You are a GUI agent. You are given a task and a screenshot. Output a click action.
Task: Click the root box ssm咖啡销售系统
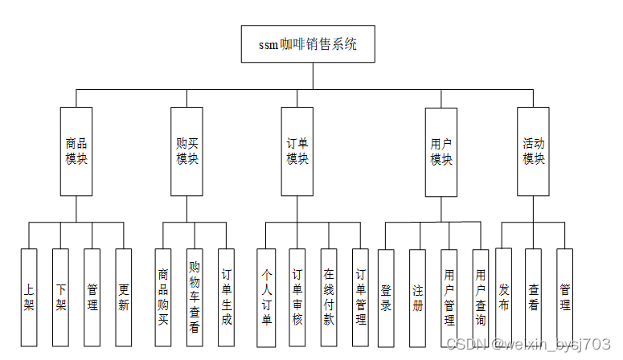click(x=308, y=44)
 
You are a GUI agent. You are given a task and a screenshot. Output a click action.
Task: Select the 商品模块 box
click(x=76, y=152)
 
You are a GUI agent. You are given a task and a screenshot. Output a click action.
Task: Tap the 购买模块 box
click(x=187, y=152)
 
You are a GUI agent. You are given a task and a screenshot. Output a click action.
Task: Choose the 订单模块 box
click(x=297, y=152)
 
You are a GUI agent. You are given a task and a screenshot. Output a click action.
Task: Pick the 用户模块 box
click(x=441, y=152)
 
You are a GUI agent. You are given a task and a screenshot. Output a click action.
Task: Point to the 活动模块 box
click(x=534, y=152)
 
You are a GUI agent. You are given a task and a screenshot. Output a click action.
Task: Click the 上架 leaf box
click(x=29, y=298)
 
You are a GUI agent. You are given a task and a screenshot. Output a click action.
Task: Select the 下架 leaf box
click(x=60, y=298)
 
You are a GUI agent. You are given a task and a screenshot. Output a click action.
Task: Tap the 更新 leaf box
click(x=123, y=298)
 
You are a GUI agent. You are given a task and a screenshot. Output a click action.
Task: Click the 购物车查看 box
click(x=195, y=298)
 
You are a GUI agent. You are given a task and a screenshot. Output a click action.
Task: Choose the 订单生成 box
click(x=227, y=298)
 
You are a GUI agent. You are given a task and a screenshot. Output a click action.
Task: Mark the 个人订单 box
click(x=266, y=298)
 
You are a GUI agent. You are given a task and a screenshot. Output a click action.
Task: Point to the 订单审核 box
click(x=297, y=298)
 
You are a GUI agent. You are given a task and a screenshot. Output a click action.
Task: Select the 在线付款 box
click(x=328, y=298)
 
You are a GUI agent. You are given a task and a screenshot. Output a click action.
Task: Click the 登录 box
click(x=386, y=298)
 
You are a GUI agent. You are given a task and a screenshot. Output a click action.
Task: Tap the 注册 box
click(x=417, y=298)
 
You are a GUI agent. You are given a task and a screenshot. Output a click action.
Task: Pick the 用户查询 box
click(x=481, y=298)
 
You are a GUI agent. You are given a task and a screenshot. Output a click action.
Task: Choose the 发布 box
click(x=503, y=298)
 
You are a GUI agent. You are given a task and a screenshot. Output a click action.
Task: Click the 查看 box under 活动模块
click(x=534, y=298)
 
